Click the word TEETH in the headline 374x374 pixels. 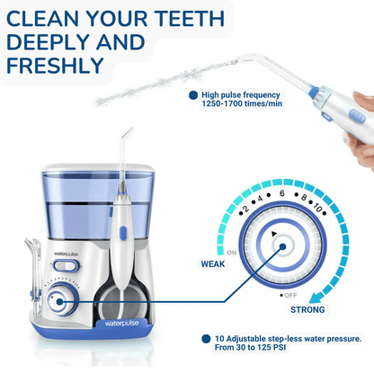189,19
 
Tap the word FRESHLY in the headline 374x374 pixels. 55,66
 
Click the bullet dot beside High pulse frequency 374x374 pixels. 193,95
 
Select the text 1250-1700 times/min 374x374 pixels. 242,103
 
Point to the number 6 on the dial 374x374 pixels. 281,193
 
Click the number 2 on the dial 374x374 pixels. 245,209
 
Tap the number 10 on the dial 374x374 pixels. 317,207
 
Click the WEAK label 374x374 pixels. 213,264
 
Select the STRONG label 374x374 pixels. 307,309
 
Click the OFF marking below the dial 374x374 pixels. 290,296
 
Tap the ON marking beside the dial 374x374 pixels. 232,253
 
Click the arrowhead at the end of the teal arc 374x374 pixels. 316,298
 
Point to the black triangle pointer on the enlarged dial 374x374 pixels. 273,234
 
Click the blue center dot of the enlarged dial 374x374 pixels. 282,246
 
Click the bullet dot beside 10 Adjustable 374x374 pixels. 206,339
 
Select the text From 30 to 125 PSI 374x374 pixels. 250,348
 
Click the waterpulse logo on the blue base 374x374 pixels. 121,324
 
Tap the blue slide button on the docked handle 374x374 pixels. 123,233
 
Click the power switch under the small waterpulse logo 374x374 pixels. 66,266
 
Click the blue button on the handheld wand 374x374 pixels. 357,116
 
